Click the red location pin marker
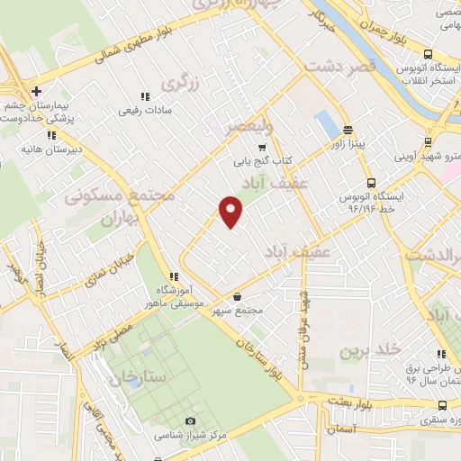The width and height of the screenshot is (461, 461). [x=231, y=212]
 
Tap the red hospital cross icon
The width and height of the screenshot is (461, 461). [x=35, y=91]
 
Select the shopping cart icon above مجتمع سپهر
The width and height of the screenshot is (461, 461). [x=237, y=296]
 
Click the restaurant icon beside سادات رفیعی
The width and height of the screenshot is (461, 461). [x=144, y=97]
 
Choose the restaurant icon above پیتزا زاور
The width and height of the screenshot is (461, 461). [x=347, y=130]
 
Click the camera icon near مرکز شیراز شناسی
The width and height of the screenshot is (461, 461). [x=189, y=421]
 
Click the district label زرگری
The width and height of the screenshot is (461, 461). [x=178, y=84]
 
